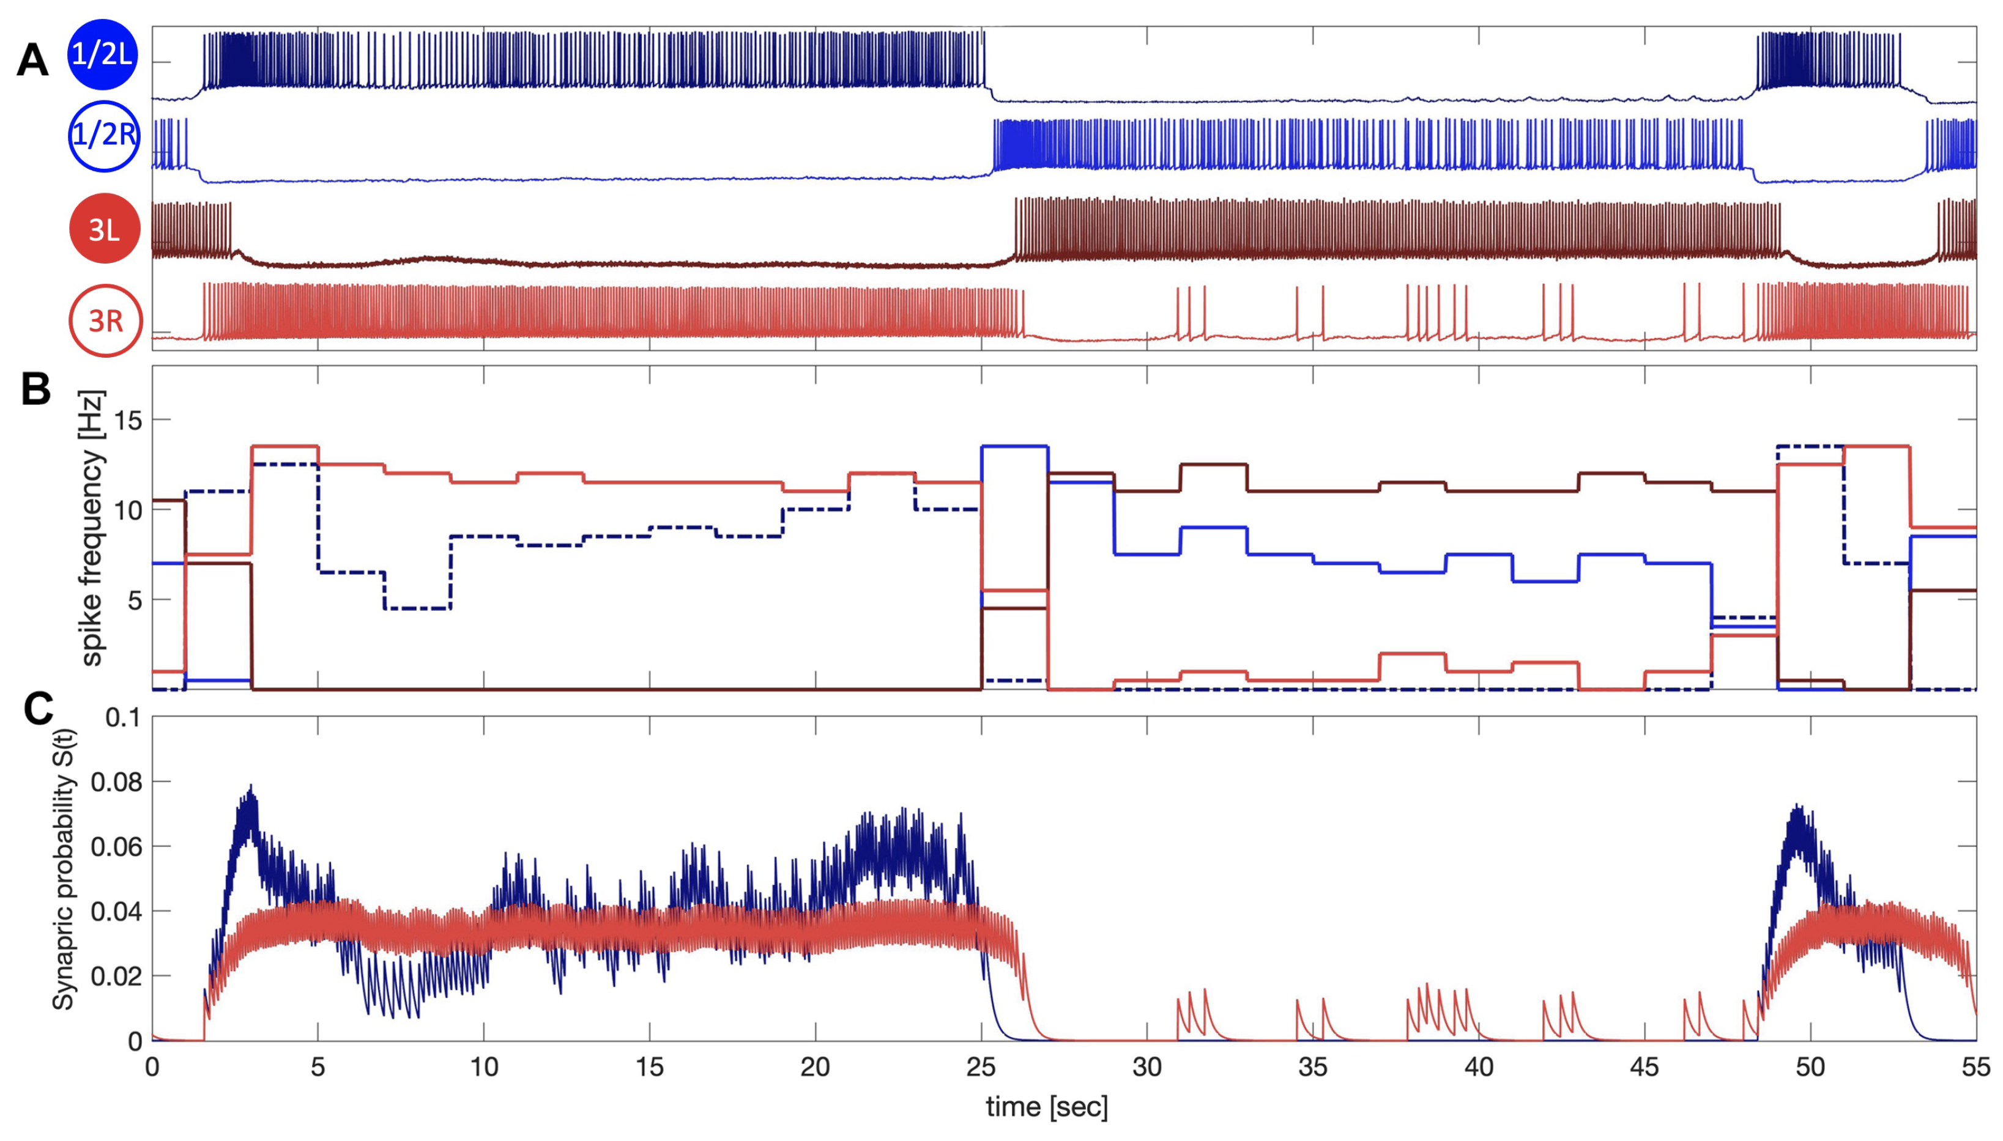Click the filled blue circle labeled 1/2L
click(x=103, y=54)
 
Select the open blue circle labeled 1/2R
click(x=104, y=136)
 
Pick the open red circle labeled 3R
click(x=106, y=320)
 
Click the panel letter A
click(x=32, y=59)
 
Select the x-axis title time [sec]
click(x=1047, y=1107)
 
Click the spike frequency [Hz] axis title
click(x=92, y=528)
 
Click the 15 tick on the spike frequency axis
click(x=128, y=421)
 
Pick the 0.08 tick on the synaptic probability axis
click(x=116, y=781)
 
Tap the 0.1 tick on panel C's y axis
click(x=124, y=717)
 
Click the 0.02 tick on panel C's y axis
click(x=116, y=977)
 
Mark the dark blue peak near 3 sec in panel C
click(x=251, y=786)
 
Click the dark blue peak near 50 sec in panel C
click(x=1793, y=805)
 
